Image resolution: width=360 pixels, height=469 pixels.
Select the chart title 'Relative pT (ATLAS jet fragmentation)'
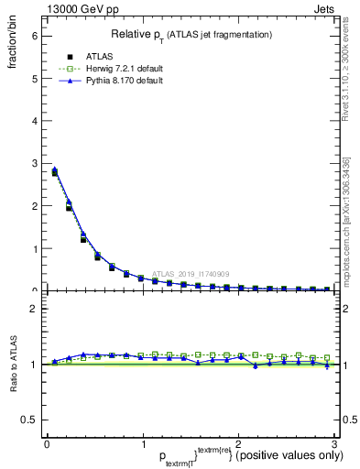click(191, 34)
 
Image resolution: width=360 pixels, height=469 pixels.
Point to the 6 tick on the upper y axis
click(34, 36)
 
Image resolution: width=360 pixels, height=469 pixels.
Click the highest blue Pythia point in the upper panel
click(54, 169)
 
